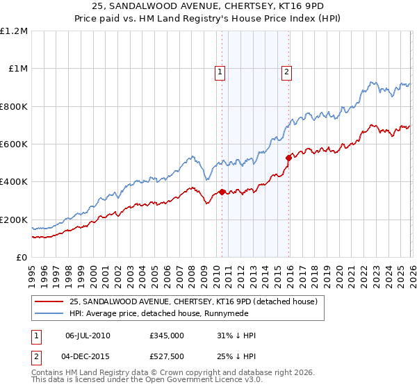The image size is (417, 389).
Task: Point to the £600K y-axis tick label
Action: tap(13, 144)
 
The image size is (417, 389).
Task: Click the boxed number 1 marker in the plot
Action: tap(220, 70)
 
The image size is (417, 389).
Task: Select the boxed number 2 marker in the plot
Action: tap(286, 70)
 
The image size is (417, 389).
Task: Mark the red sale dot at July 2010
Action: tap(222, 192)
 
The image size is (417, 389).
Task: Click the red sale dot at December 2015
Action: tap(288, 158)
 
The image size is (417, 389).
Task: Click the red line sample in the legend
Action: tap(49, 301)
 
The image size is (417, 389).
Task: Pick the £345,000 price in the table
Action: tap(166, 335)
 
